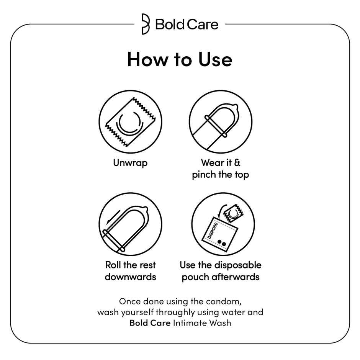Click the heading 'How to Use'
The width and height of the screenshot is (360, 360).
pyautogui.click(x=180, y=60)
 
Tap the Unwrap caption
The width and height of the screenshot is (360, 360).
pyautogui.click(x=130, y=163)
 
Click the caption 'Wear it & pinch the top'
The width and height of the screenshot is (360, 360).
pyautogui.click(x=221, y=169)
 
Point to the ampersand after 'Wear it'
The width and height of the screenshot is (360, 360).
pyautogui.click(x=237, y=163)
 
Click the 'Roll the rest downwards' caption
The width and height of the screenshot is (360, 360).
pyautogui.click(x=130, y=270)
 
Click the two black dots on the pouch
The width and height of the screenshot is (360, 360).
pyautogui.click(x=222, y=242)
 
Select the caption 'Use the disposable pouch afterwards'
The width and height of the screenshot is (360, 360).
pyautogui.click(x=221, y=270)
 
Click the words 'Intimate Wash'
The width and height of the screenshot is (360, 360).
pyautogui.click(x=202, y=322)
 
